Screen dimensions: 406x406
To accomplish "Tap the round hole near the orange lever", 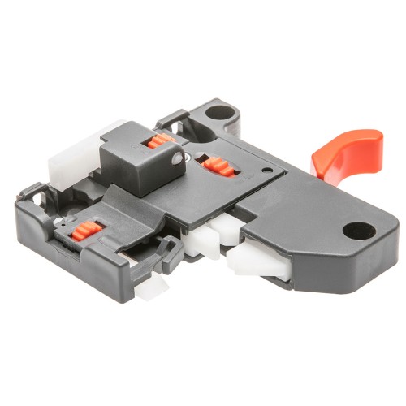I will click(358, 231).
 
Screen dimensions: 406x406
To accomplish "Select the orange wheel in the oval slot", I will click(218, 166).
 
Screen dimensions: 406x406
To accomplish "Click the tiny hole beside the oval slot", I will click(268, 171).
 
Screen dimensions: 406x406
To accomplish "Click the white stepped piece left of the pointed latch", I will click(204, 240).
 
